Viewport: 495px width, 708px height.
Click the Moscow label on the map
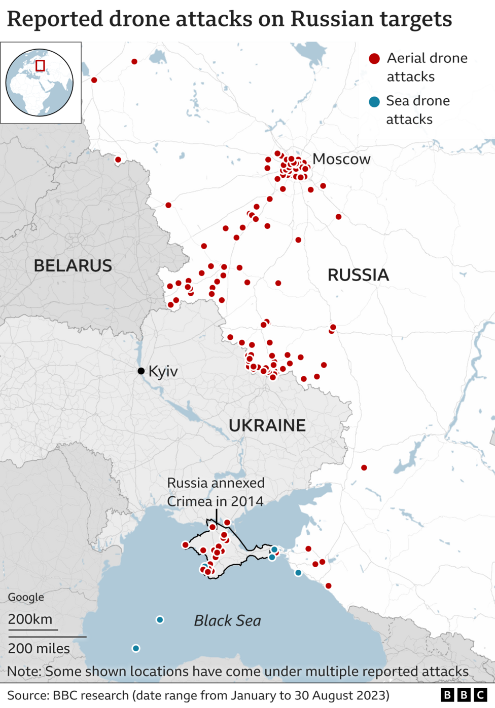click(x=341, y=159)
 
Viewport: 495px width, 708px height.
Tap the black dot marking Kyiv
click(x=141, y=371)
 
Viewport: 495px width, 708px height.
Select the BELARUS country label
click(x=73, y=265)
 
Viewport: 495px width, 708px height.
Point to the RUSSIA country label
click(x=358, y=275)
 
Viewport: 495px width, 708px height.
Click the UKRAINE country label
click(x=267, y=425)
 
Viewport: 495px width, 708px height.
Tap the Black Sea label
click(x=227, y=620)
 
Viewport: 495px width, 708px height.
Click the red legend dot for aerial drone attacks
click(x=374, y=59)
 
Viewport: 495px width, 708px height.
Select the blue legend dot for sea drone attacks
click(x=374, y=102)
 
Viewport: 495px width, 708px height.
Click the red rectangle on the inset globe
click(x=40, y=65)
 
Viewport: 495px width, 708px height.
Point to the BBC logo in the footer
click(x=464, y=695)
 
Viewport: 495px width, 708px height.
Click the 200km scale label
click(x=30, y=619)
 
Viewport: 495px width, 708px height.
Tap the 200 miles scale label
click(x=39, y=648)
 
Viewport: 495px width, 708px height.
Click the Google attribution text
click(x=26, y=597)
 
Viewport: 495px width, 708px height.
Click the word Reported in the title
click(x=55, y=19)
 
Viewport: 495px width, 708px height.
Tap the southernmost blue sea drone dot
click(x=136, y=648)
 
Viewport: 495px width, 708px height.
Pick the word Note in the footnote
click(x=23, y=672)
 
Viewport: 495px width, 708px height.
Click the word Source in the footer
click(x=27, y=695)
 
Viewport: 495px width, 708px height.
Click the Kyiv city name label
click(x=163, y=371)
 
